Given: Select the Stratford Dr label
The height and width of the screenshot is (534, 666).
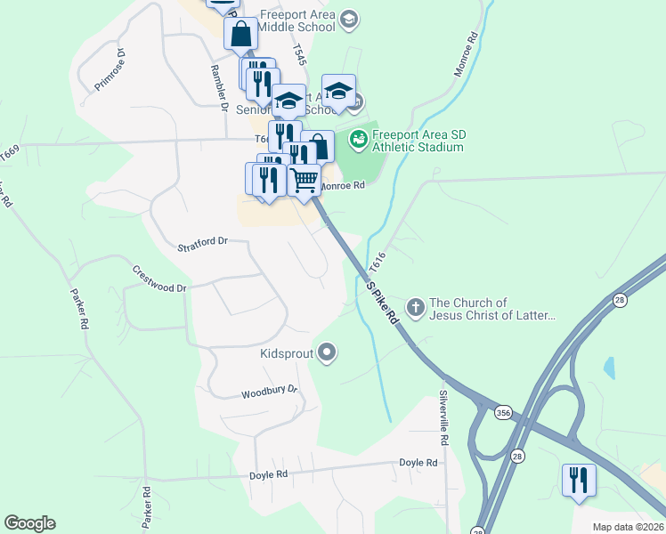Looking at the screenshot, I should (x=203, y=241).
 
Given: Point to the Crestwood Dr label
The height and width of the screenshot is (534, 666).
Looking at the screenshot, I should (x=159, y=279).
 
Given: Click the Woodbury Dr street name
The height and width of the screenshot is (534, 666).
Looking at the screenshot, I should (x=269, y=392).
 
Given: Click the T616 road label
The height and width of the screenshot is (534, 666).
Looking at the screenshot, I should (x=378, y=261).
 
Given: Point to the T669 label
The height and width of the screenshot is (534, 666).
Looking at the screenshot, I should (x=10, y=153).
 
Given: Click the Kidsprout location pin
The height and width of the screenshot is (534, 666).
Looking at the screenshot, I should (x=327, y=353).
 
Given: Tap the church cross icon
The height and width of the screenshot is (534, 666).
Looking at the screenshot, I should (x=415, y=308).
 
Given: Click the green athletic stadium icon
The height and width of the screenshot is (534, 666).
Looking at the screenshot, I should (x=358, y=139).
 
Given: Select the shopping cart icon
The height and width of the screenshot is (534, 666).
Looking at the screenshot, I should (x=305, y=180).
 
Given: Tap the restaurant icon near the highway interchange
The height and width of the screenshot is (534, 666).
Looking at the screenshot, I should (x=579, y=480).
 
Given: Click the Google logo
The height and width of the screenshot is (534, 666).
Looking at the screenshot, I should (x=29, y=523).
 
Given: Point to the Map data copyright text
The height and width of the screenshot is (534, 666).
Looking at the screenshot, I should (x=628, y=527).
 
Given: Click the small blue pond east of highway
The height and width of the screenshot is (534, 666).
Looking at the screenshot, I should (x=609, y=366).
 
